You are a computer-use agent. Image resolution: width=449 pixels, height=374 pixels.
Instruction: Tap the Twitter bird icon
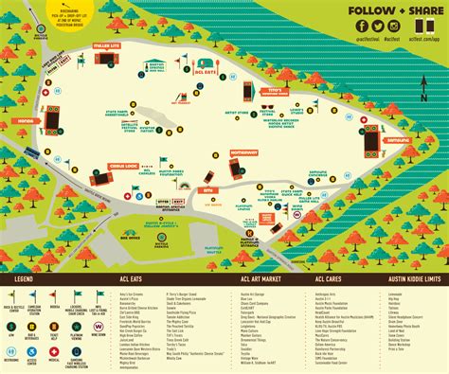click(375, 27)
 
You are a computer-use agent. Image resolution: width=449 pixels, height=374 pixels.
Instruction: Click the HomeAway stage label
click(242, 151)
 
